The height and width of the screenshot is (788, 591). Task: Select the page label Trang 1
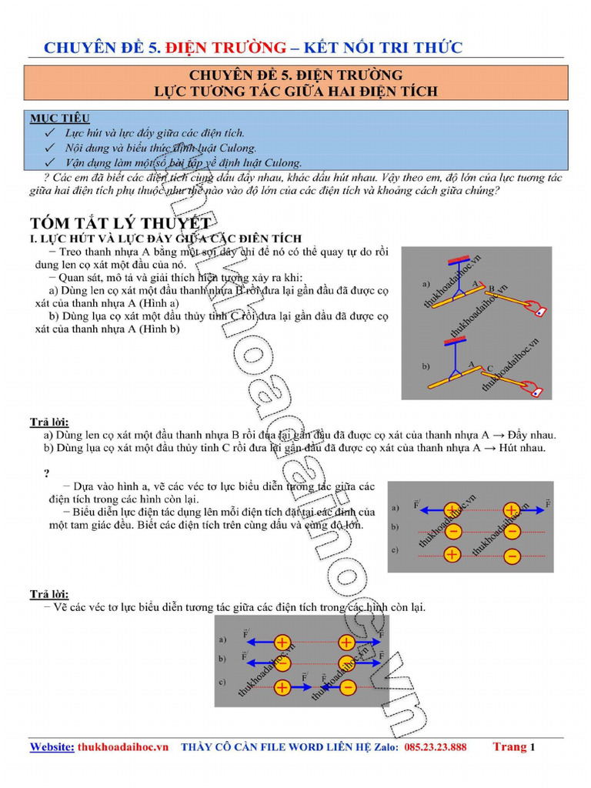513,746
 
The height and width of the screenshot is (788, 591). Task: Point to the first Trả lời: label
49,422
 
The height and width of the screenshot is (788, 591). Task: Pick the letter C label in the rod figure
490,368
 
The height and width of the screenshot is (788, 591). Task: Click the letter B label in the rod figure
492,288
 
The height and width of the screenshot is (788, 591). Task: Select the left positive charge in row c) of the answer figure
282,686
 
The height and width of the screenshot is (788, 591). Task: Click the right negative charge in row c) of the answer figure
347,686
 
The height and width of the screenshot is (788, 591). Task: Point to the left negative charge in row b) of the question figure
452,532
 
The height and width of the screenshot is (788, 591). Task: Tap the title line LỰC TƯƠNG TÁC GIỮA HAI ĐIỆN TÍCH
296,91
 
